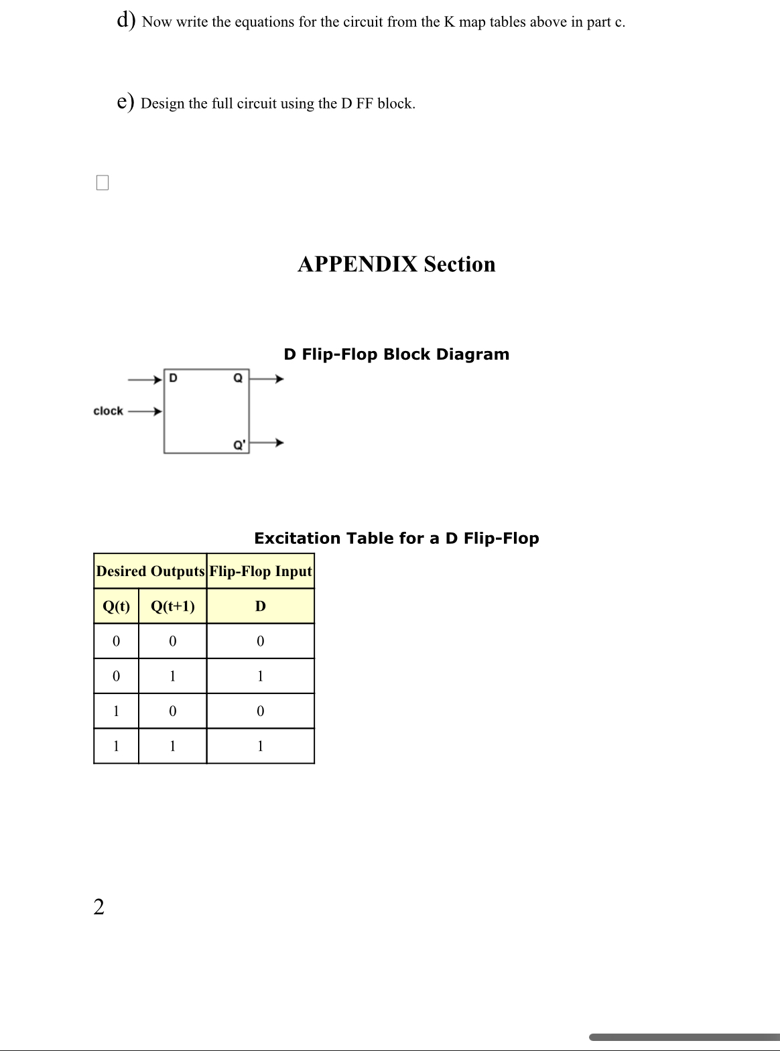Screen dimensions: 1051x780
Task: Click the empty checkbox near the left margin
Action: (103, 182)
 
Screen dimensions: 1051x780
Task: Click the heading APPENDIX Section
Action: (396, 264)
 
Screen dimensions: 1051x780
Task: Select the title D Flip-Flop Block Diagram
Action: (396, 354)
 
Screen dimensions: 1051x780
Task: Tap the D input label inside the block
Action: (173, 378)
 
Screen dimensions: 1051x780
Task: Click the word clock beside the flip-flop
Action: (108, 411)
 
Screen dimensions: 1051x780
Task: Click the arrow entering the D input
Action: (145, 379)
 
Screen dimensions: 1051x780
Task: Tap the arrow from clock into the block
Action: (145, 411)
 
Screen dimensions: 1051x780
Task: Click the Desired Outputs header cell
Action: (150, 571)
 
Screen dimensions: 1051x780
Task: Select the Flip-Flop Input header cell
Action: (261, 571)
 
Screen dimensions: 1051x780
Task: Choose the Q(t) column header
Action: (116, 606)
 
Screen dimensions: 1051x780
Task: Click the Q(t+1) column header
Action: (173, 606)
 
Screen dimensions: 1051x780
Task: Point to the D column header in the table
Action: (261, 606)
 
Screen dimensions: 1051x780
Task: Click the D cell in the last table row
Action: (261, 746)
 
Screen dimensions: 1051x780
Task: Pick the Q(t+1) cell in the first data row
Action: (173, 641)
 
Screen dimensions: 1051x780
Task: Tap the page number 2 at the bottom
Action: (99, 907)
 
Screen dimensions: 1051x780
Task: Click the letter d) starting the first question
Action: (126, 20)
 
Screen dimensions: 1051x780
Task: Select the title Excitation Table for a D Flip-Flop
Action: (396, 539)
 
